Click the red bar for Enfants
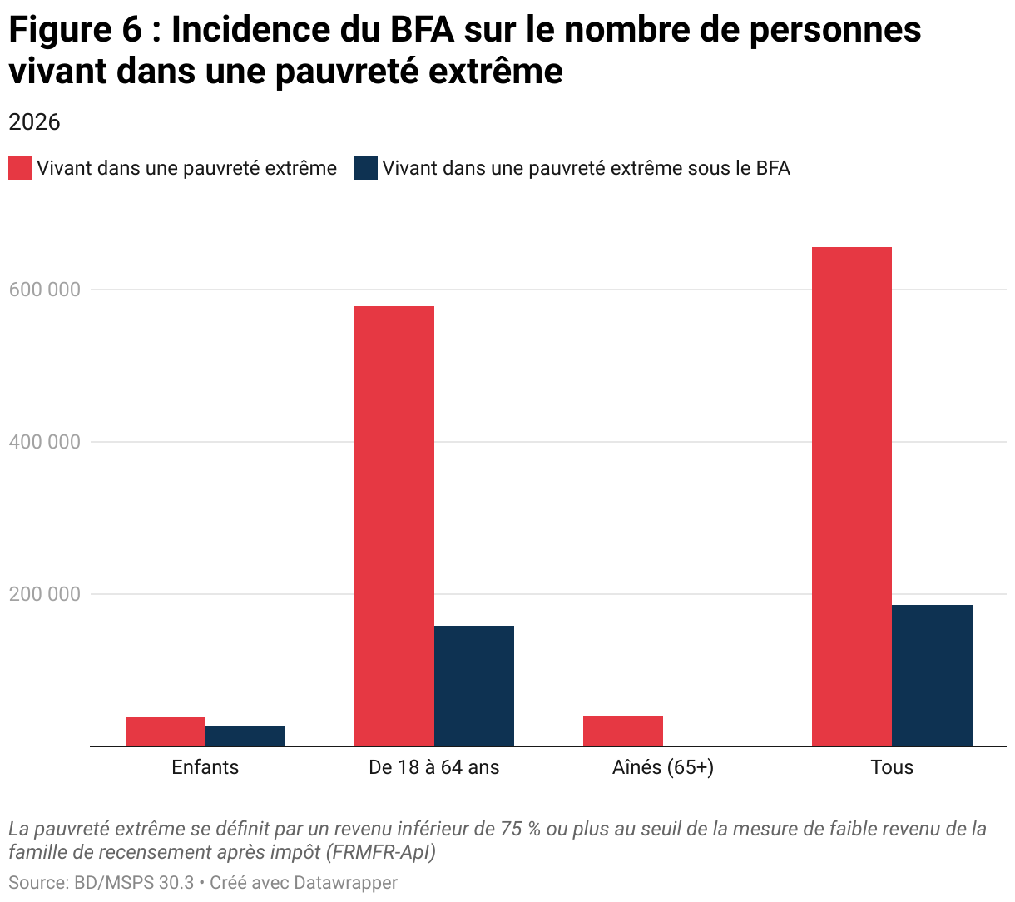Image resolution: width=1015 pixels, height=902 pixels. [x=166, y=731]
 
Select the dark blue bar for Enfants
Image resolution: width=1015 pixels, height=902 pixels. [x=245, y=736]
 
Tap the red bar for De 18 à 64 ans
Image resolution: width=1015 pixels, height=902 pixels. [x=394, y=526]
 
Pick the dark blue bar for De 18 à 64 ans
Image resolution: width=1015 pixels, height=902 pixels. [x=474, y=686]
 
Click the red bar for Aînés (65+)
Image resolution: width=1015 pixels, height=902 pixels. [x=623, y=731]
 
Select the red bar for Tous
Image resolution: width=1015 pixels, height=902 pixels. [x=852, y=497]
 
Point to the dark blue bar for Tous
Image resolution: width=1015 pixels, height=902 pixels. [x=932, y=675]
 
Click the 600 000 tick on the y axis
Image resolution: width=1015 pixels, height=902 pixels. [x=45, y=290]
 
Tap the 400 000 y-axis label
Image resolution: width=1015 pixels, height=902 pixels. [x=45, y=442]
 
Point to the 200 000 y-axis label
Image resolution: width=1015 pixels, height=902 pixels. [x=45, y=594]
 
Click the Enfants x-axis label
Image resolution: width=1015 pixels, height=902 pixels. [x=205, y=767]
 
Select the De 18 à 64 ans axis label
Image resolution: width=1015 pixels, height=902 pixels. [x=434, y=767]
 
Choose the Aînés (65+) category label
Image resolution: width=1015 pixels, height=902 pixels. [x=663, y=767]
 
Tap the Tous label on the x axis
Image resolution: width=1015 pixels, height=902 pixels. [x=892, y=767]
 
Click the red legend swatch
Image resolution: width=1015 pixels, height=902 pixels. [x=20, y=168]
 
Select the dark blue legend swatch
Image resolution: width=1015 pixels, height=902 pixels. [x=366, y=168]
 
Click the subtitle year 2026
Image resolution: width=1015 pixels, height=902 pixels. [x=34, y=122]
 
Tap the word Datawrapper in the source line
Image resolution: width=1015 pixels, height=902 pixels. [x=345, y=882]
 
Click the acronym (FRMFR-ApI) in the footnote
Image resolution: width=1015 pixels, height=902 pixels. [x=380, y=852]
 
